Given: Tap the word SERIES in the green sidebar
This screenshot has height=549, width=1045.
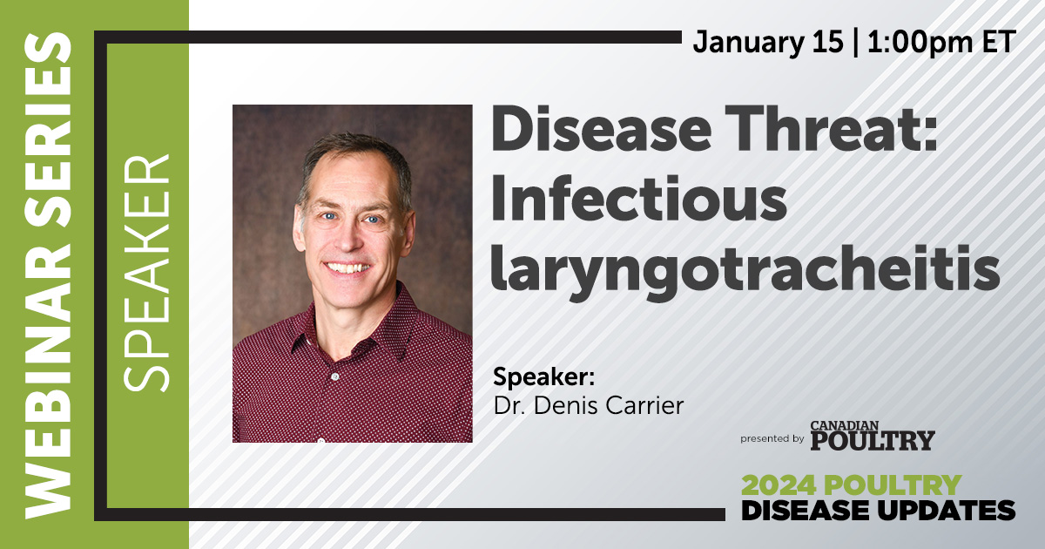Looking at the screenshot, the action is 48,130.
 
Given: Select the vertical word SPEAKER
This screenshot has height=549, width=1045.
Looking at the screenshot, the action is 146,273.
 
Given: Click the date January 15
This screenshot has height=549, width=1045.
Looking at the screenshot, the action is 768,43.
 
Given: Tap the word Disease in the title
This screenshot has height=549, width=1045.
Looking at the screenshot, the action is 602,128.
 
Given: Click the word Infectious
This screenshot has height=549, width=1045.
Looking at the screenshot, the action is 639,198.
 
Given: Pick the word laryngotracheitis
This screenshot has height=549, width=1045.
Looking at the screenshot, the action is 745,273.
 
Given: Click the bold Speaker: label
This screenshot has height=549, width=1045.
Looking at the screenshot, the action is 544,377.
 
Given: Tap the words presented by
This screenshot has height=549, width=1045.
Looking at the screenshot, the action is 772,439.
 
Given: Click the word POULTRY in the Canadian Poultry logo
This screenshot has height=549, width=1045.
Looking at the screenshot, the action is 873,441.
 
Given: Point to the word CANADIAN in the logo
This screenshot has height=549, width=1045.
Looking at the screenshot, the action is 845,426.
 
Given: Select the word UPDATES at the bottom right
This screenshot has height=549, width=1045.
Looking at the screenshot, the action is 947,511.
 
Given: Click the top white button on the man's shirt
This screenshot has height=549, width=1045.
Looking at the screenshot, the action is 334,376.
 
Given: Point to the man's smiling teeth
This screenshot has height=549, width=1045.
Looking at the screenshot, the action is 347,268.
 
